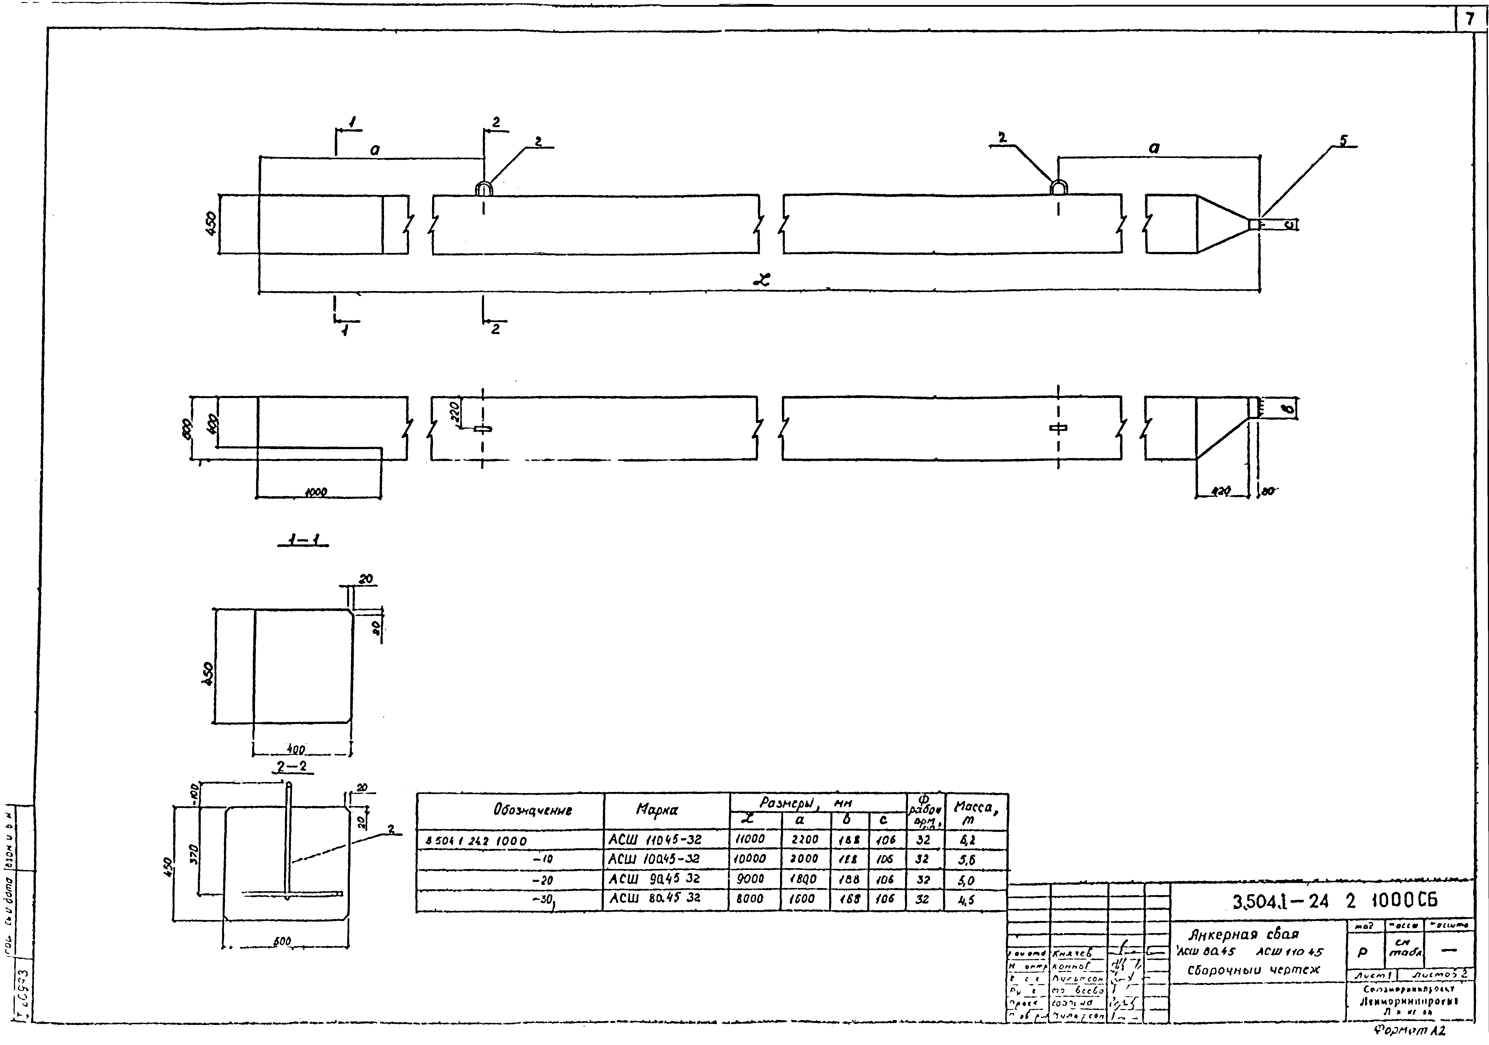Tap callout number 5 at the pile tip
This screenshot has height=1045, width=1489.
[1343, 140]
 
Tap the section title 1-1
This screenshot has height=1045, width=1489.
[303, 539]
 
